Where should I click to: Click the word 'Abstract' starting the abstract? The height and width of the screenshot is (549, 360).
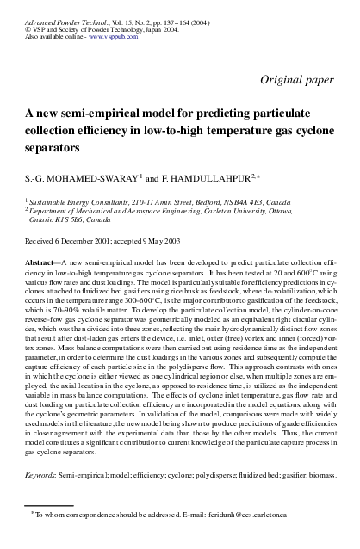pyautogui.click(x=40, y=259)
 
